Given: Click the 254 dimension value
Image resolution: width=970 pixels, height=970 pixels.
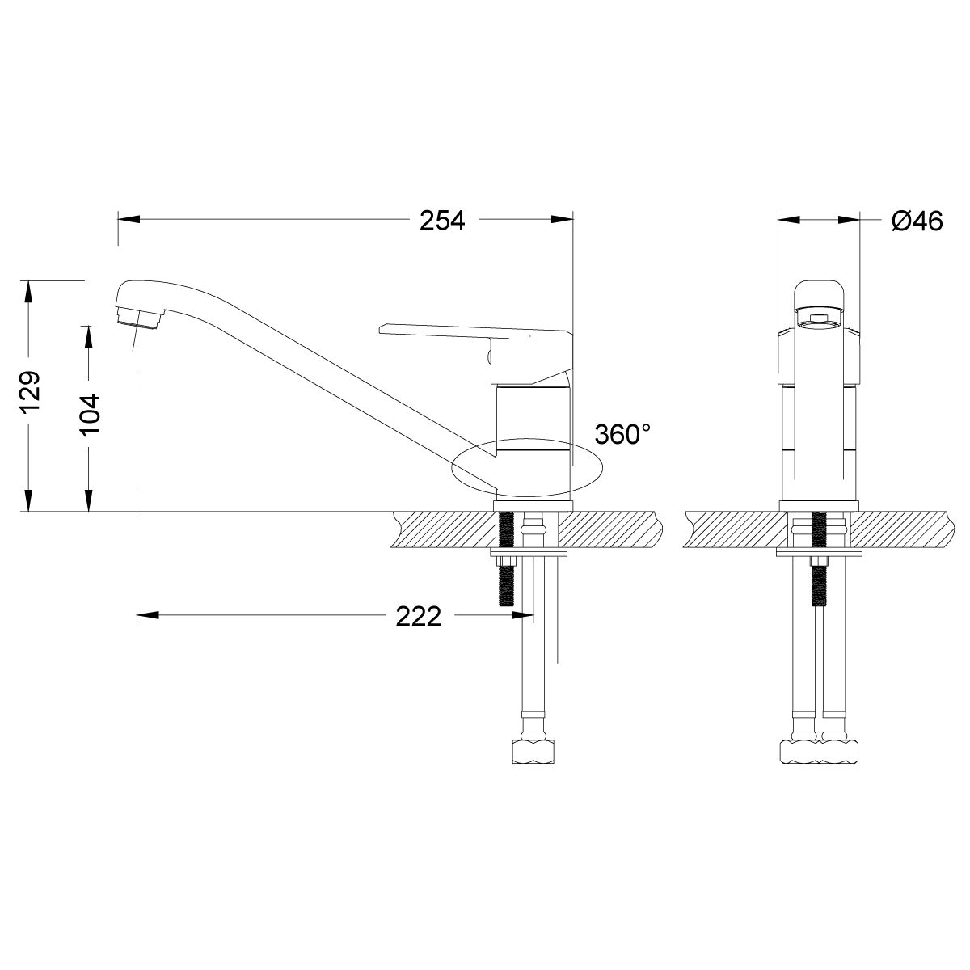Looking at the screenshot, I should point(442,221).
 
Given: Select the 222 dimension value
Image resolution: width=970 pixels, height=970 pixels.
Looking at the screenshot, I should point(419,617).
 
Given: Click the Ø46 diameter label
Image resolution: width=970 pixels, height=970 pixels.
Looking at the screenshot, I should point(917,221).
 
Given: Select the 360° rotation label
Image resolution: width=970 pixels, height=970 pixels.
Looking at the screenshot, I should point(622,434).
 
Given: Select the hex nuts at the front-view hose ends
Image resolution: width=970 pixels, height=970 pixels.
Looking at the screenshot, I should point(817,751).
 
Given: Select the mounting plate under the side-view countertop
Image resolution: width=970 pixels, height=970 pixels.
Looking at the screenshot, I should point(529,554).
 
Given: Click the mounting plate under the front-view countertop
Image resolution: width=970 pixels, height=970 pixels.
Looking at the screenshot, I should point(818,554).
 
